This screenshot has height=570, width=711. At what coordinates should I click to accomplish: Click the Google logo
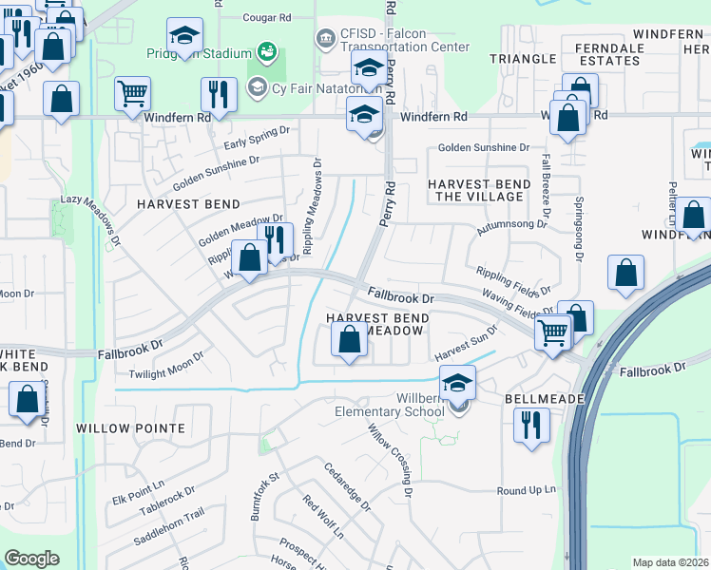point(31,559)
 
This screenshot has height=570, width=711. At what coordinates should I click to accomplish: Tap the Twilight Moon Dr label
point(167,366)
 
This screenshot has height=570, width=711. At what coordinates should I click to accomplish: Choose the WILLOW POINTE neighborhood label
point(130,428)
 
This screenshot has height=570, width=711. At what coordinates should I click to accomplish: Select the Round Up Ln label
point(526,490)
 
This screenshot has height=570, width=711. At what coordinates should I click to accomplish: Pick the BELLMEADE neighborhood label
point(544,399)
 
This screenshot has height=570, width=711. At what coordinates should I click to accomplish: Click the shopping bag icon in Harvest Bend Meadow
point(350,339)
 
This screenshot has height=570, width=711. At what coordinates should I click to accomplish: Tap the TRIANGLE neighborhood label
point(522,59)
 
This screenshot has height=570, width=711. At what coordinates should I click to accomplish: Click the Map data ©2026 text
point(670,562)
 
